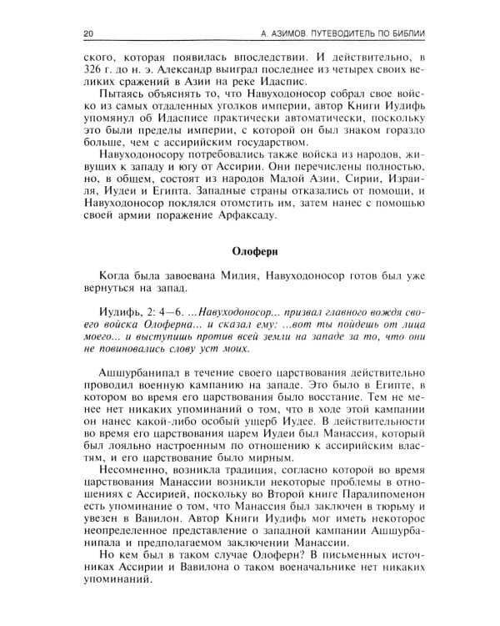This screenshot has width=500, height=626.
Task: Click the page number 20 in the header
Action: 90,33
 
